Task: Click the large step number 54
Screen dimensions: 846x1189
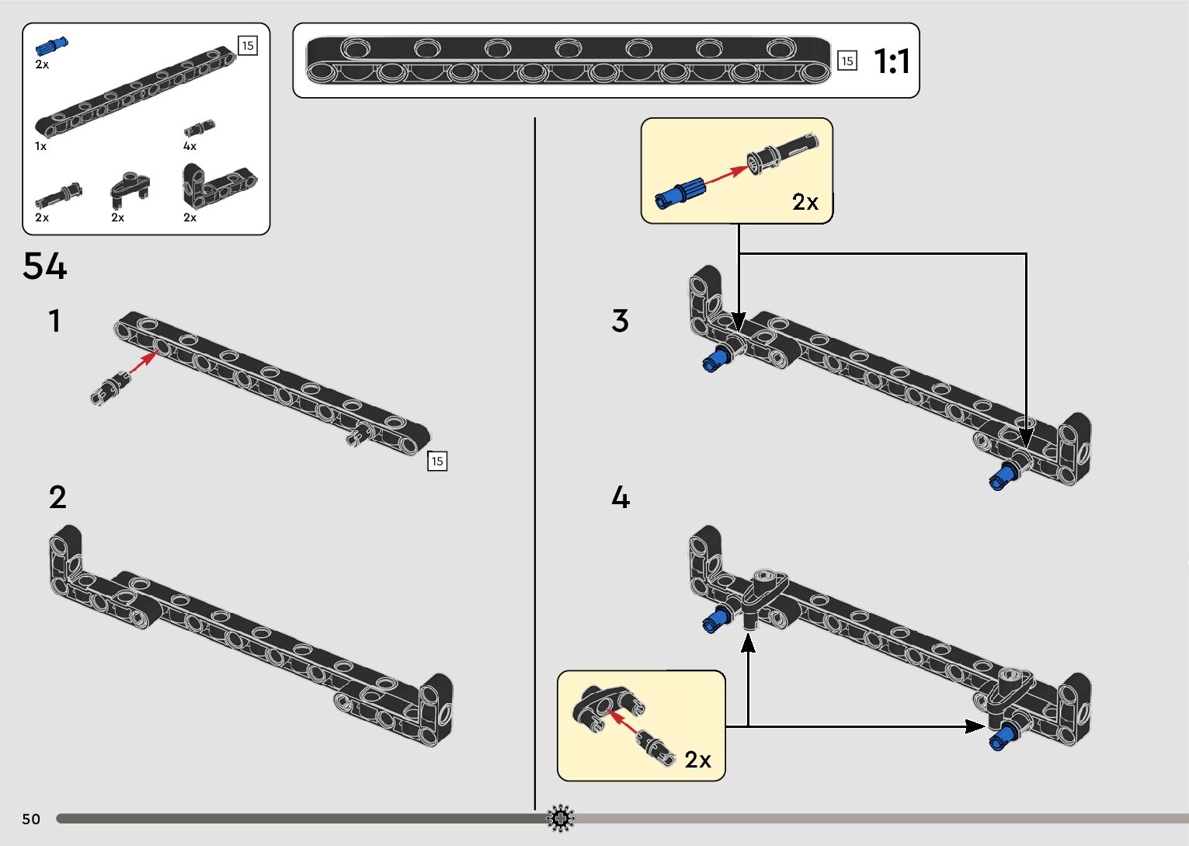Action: (x=45, y=266)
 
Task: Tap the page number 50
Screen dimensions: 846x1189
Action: (x=31, y=819)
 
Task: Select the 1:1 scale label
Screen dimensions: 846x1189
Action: (x=892, y=61)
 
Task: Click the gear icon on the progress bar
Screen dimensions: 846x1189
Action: (x=561, y=819)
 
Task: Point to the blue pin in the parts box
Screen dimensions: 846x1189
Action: (x=51, y=46)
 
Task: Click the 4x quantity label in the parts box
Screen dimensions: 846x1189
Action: (x=189, y=146)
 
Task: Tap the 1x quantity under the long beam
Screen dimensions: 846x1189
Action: (x=40, y=146)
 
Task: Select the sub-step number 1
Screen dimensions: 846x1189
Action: (x=54, y=321)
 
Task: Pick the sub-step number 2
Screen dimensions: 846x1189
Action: (x=57, y=498)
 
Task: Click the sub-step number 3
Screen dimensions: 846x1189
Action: (x=620, y=321)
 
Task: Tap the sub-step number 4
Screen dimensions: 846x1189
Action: (x=620, y=497)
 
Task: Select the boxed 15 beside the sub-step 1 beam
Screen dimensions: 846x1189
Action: (x=437, y=461)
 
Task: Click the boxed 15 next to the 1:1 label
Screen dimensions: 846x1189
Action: (x=847, y=61)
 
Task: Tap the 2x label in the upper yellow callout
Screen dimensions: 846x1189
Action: (x=805, y=202)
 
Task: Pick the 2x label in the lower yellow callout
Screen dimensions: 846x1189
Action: (x=697, y=760)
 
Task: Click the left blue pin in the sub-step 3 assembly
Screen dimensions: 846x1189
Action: (x=715, y=359)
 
